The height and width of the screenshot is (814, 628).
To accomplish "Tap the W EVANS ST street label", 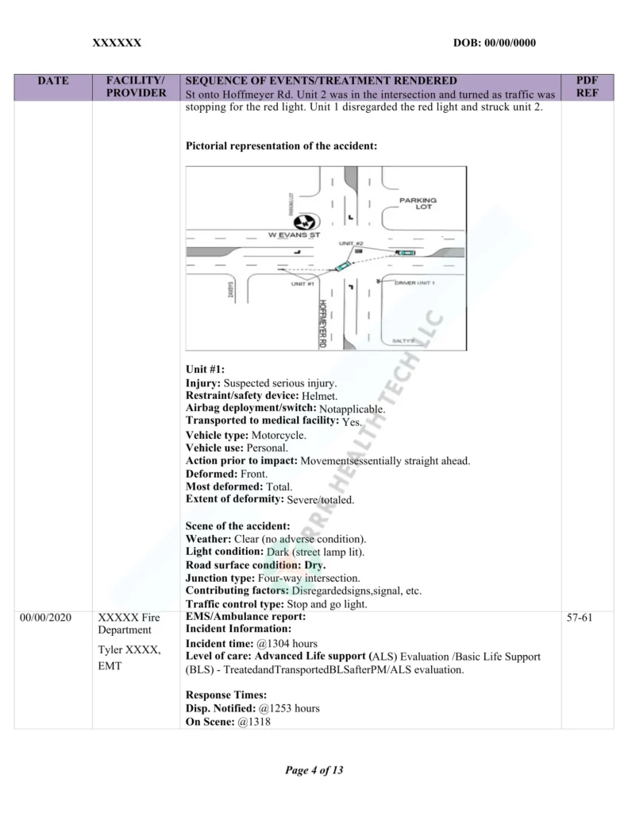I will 294,235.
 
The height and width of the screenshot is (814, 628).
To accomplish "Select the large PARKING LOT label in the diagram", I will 418,203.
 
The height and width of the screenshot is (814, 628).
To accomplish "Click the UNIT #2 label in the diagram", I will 351,243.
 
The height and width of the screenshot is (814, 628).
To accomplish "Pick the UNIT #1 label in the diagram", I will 303,283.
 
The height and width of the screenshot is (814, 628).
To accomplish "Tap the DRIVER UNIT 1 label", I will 414,282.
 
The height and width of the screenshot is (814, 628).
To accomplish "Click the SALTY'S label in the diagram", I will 405,340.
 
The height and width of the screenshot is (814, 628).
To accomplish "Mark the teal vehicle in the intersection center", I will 342,266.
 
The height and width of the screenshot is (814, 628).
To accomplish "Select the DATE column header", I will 53,80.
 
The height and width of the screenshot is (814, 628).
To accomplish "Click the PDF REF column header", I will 587,87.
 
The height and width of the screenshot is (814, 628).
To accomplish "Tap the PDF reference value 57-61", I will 587,617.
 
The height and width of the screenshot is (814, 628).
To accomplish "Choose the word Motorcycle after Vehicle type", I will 279,435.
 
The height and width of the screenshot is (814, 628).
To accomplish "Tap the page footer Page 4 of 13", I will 314,770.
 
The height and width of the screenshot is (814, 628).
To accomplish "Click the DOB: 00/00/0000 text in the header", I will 494,42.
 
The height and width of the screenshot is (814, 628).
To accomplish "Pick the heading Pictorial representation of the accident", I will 281,146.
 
